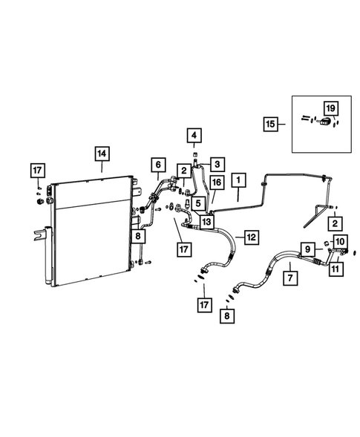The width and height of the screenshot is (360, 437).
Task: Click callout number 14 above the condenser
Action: (x=102, y=154)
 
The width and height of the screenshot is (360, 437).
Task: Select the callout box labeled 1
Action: (x=238, y=180)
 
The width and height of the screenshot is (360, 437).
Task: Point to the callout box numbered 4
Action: (x=193, y=135)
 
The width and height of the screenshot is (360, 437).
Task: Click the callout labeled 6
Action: (x=158, y=164)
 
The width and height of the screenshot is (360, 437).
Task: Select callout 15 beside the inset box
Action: (x=273, y=124)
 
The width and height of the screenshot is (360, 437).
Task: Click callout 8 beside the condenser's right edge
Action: (x=139, y=236)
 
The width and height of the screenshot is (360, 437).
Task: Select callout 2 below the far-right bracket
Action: (x=336, y=223)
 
